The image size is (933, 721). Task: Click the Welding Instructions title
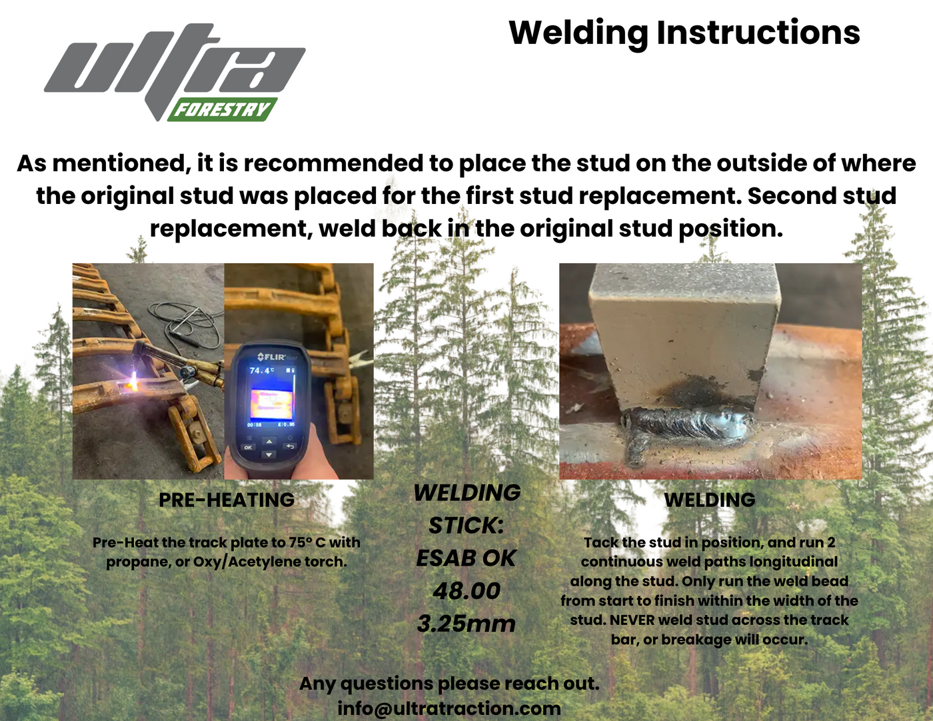(684, 33)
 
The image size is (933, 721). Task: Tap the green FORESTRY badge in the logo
(223, 109)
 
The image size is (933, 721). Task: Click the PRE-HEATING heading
(227, 500)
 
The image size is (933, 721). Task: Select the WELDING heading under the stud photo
(710, 500)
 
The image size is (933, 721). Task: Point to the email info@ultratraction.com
(449, 708)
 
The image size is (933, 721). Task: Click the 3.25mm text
(467, 624)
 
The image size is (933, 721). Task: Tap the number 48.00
(467, 591)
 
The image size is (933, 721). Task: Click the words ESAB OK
(467, 558)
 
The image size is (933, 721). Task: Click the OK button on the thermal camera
(248, 447)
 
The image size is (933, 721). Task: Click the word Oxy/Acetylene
(247, 562)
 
